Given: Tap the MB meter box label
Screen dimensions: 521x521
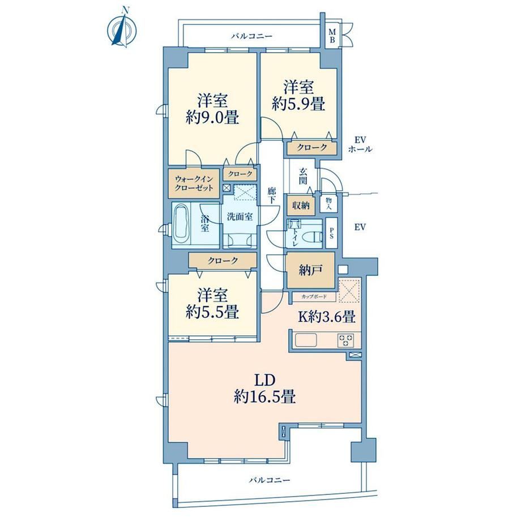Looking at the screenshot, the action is coord(332,36).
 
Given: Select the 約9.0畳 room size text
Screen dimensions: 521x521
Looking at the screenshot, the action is coord(212,117).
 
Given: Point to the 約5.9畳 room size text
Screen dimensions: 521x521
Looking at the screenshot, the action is coord(298,104).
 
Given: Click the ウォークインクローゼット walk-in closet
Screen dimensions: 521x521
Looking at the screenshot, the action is coord(194,183).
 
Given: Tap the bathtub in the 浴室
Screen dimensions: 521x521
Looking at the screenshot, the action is coord(181,225).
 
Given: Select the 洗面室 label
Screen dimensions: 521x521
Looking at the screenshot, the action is coord(240,217).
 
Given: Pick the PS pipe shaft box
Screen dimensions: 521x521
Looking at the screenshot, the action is coord(331,233).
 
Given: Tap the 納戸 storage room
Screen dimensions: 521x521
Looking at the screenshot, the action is coord(310,271).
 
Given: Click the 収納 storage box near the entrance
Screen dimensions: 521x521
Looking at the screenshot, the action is coord(301,206).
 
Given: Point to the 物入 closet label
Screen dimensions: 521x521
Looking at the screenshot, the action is coord(328,203).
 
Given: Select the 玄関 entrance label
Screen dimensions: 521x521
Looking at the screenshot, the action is coord(303,176).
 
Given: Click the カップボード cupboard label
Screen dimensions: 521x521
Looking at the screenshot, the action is coord(314,296).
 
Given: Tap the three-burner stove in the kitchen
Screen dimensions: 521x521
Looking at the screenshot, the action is coord(345,340).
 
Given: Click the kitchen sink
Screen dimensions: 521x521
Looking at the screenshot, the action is coord(306,340).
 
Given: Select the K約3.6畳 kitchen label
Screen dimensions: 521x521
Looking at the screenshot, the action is coord(327,317).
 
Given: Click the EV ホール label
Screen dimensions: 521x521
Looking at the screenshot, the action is coord(360,144).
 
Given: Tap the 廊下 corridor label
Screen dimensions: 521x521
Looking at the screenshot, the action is coord(272,196).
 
